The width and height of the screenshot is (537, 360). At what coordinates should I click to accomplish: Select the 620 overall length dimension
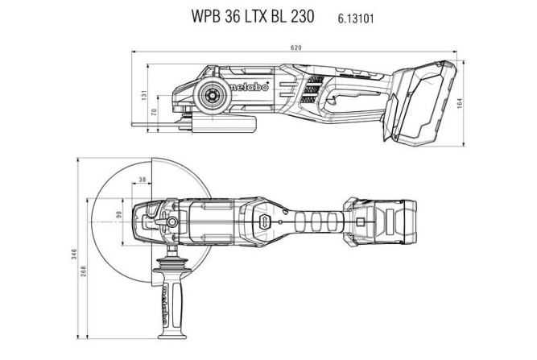[296, 48]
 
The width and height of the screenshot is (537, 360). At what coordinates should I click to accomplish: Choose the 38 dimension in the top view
[143, 180]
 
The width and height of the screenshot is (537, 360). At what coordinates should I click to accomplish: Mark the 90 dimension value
[120, 215]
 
